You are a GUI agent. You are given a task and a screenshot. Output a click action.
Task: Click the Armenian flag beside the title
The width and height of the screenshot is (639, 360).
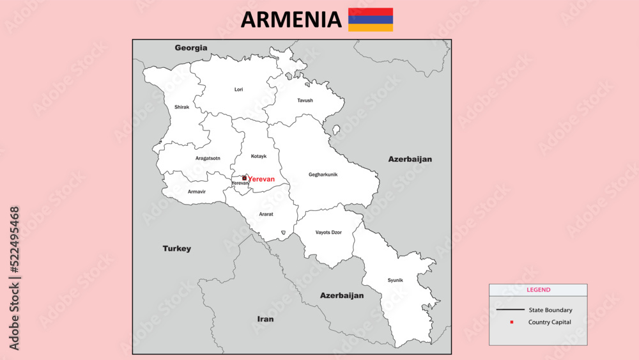coord(371,20)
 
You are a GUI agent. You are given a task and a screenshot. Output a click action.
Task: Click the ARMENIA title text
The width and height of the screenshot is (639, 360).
coord(291,20)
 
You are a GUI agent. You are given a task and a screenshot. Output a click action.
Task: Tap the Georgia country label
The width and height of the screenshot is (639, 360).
coord(191,48)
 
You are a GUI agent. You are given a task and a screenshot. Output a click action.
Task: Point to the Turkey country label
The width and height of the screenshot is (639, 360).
coord(176,249)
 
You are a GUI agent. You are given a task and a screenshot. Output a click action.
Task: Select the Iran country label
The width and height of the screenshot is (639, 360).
coord(265,318)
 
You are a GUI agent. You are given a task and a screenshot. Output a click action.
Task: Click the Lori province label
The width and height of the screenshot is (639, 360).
coord(238,90)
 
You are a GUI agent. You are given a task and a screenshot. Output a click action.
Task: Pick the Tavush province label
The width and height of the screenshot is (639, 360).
coord(305,100)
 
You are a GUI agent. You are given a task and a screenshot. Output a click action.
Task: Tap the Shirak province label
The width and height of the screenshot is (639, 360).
coord(181,107)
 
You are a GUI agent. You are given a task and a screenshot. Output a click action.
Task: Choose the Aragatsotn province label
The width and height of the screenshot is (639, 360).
coord(208,158)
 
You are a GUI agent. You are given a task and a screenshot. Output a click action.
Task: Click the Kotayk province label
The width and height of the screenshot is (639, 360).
coord(259,156)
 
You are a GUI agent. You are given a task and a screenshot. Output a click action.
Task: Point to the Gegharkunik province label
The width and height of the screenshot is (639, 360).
coord(323,175)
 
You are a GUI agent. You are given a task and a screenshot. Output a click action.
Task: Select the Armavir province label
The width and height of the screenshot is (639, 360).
coord(197,192)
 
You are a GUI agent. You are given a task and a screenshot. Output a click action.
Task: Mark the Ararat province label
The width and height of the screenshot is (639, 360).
coord(266,214)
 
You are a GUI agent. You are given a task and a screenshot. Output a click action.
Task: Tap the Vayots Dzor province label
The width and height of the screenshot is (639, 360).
coord(328,232)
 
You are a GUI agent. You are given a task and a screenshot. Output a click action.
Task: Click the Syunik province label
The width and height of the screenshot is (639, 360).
coord(396,280)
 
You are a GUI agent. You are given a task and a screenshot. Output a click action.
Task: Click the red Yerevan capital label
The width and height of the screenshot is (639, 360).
coord(261,179)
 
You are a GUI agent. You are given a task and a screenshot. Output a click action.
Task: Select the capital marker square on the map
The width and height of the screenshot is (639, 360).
coord(244,178)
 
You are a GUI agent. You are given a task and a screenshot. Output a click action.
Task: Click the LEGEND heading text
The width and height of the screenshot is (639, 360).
coord(538,290)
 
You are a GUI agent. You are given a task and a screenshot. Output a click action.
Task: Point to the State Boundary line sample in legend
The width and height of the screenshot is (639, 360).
coord(509,310)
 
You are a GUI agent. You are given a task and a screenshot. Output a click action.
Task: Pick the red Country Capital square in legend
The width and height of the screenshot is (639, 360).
coord(511,322)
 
